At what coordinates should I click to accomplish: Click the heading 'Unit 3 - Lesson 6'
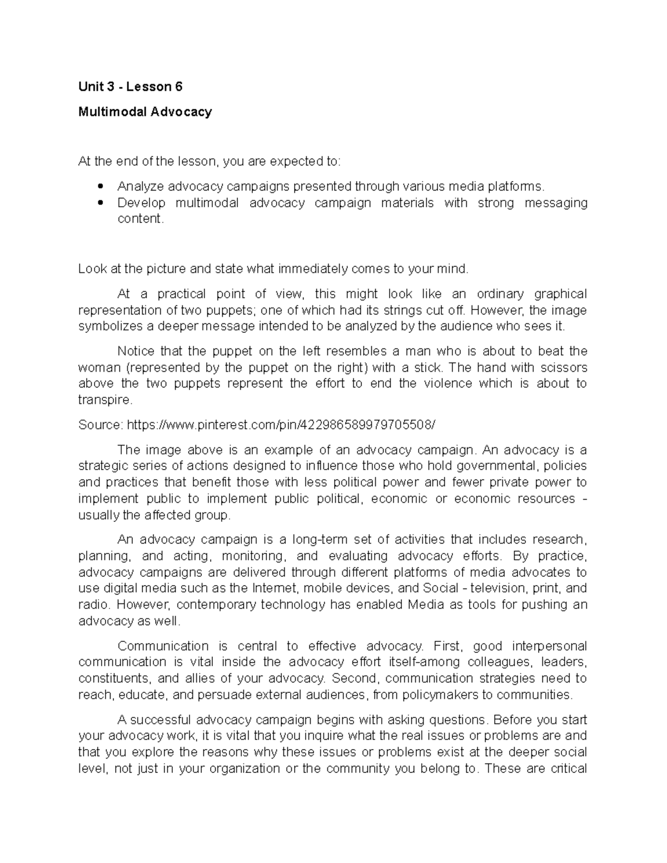pyautogui.click(x=130, y=87)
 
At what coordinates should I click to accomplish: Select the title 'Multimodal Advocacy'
pyautogui.click(x=145, y=112)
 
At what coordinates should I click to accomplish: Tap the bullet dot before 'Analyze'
pyautogui.click(x=101, y=186)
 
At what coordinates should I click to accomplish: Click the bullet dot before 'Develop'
pyautogui.click(x=101, y=203)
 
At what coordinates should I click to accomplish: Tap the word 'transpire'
pyautogui.click(x=104, y=400)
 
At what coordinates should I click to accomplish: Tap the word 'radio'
pyautogui.click(x=92, y=605)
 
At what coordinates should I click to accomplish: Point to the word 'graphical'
pyautogui.click(x=561, y=293)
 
